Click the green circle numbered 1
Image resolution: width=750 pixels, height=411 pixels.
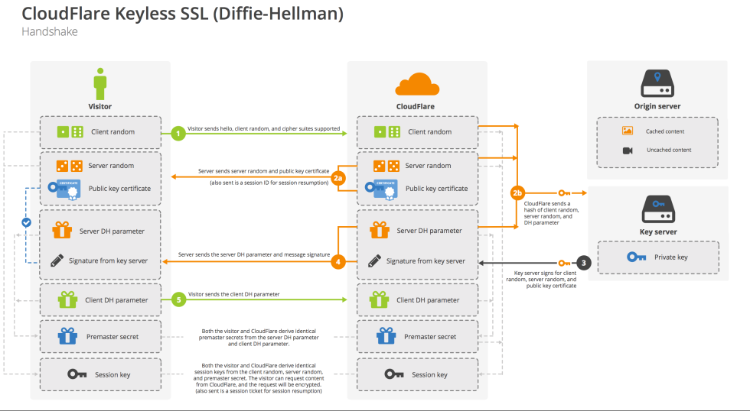coord(178,133)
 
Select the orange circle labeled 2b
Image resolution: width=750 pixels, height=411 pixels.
coord(518,193)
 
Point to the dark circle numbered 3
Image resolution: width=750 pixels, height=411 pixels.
coord(585,262)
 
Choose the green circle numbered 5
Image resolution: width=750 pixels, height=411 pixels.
coord(178,300)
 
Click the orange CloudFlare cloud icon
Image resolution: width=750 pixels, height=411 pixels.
coord(417,83)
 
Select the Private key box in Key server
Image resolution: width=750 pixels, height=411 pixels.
coord(657,257)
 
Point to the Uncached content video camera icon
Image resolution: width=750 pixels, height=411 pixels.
coord(628,150)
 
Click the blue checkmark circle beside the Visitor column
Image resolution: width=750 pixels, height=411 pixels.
coord(26,222)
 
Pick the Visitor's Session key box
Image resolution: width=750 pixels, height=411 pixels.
coord(99,374)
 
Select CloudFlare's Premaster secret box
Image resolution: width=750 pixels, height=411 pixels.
coord(417,336)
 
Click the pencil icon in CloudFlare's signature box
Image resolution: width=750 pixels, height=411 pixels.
coord(373,261)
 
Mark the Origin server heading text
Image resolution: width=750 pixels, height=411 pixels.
coord(657,106)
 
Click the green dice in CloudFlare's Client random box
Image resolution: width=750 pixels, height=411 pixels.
coord(387,132)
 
